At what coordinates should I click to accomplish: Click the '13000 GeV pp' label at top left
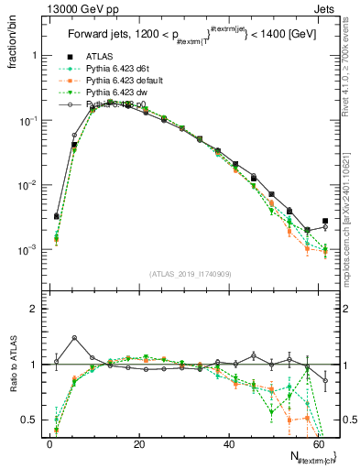coord(42,8)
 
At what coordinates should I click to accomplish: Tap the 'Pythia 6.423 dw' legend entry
coord(115,93)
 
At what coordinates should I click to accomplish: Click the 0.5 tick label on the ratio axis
coord(27,420)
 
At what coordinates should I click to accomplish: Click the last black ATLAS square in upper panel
coord(325,221)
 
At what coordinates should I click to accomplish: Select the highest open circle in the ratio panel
coord(74,338)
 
